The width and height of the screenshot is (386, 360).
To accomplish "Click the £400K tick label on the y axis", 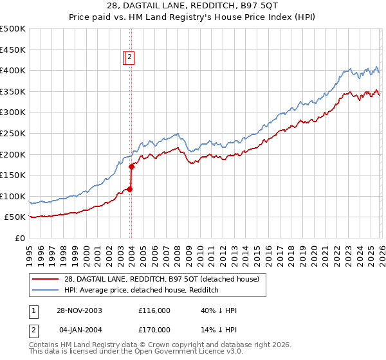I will click(13, 70).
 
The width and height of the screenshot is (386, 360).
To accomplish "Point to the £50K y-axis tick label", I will click(15, 217).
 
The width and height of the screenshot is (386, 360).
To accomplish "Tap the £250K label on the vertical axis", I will click(13, 133).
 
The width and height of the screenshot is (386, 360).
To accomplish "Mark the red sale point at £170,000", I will click(131, 166).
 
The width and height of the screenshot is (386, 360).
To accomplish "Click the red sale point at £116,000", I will click(130, 189).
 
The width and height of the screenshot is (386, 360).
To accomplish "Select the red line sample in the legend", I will click(47, 279).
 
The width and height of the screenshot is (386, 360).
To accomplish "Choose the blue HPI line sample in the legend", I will click(47, 290).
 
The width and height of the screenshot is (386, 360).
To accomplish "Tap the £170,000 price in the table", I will click(154, 329).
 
